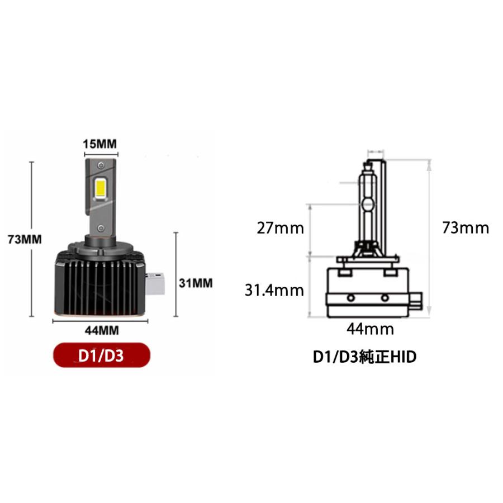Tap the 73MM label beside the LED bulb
pyautogui.click(x=25, y=239)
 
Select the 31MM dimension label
pyautogui.click(x=196, y=283)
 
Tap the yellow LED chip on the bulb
pyautogui.click(x=100, y=187)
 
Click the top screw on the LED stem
pyautogui.click(x=100, y=165)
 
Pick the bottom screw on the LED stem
pyautogui.click(x=100, y=226)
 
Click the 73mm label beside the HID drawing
pyautogui.click(x=465, y=228)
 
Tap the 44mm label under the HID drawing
pyautogui.click(x=370, y=329)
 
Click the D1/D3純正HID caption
pyautogui.click(x=364, y=357)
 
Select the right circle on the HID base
pyautogui.click(x=385, y=297)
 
